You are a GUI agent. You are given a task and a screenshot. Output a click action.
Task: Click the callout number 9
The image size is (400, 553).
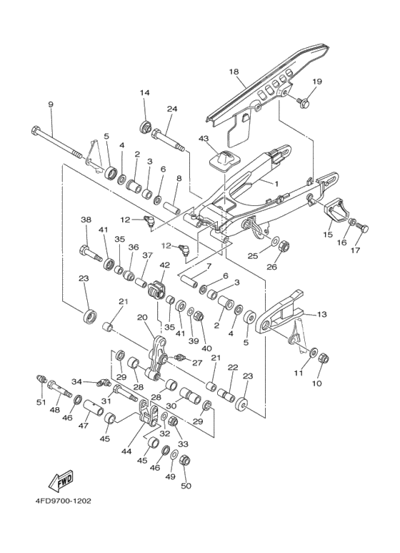(x=51, y=105)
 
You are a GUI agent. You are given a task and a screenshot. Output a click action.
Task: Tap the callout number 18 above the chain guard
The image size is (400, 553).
(x=234, y=72)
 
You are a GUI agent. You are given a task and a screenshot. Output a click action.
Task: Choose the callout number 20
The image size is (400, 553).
(x=141, y=317)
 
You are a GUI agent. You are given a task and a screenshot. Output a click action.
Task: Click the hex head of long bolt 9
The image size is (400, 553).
(x=35, y=132)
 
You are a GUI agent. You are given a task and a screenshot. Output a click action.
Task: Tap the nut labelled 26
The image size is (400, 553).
(x=283, y=248)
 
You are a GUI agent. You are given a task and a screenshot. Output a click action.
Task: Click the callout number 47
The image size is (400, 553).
(x=84, y=425)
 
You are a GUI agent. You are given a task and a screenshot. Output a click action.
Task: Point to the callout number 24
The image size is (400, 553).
(x=171, y=109)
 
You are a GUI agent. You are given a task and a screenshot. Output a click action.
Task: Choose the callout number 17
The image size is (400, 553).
(x=355, y=250)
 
